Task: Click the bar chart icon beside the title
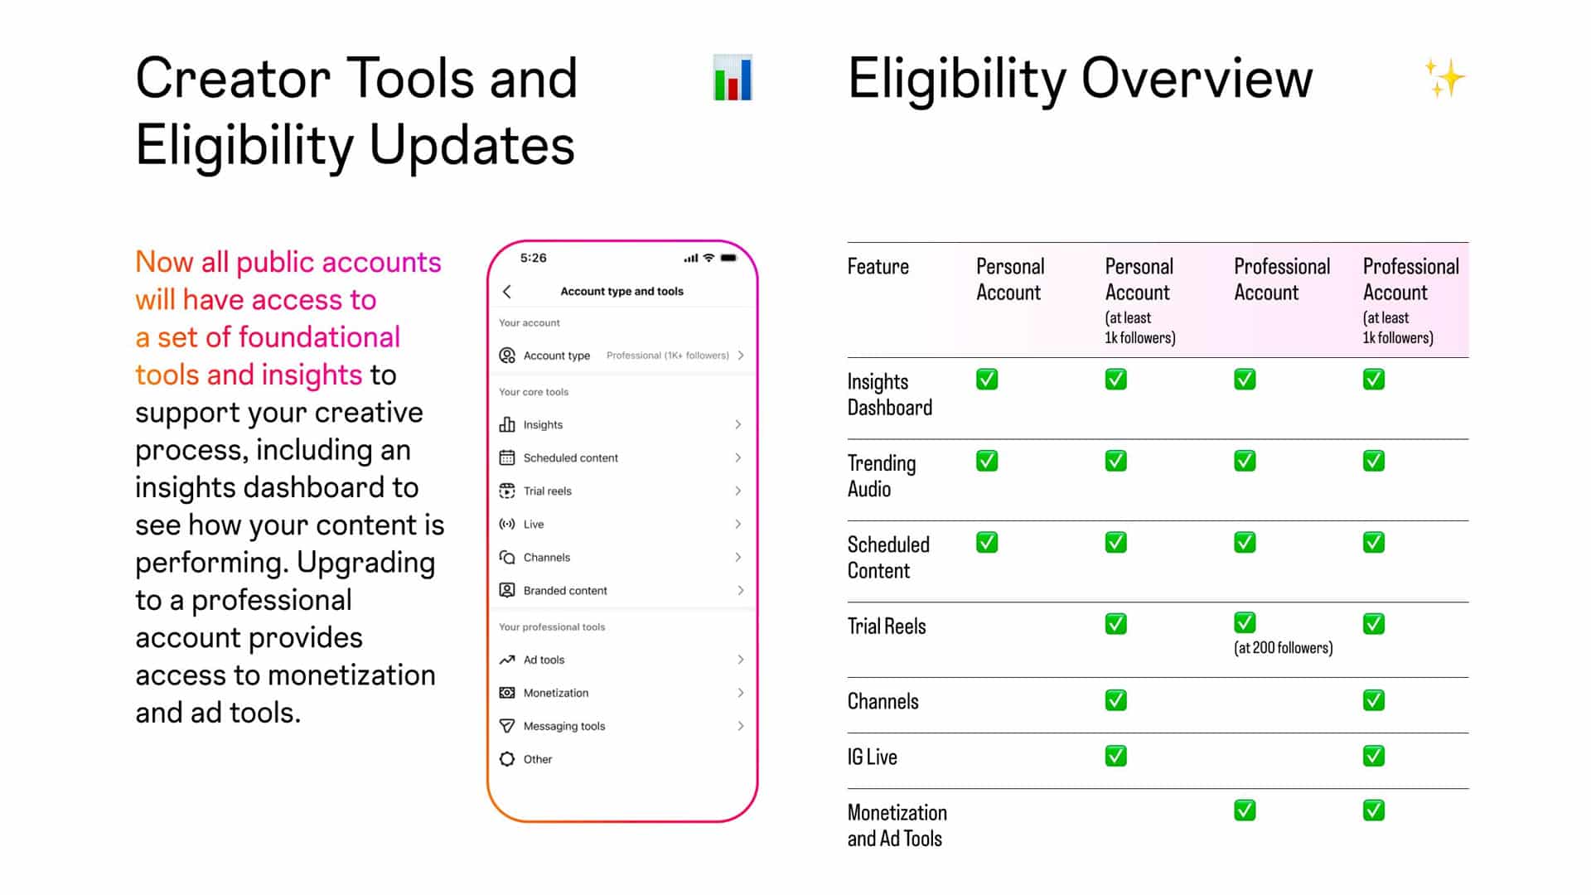pos(733,78)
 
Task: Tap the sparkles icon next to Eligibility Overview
pos(1444,78)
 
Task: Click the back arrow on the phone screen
pos(507,292)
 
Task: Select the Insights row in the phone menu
pos(621,424)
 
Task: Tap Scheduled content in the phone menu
pos(621,457)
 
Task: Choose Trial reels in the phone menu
pos(621,491)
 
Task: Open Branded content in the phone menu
pos(621,590)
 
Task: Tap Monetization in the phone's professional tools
pos(621,693)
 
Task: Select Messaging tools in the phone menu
pos(621,726)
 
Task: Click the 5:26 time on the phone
pos(534,258)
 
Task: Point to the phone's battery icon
pos(728,258)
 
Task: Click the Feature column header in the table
pos(878,267)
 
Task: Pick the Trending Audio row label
pos(882,477)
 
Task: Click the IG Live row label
pos(873,757)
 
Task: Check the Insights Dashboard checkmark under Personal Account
pos(987,380)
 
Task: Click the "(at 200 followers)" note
pos(1284,648)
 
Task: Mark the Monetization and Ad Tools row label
pos(897,825)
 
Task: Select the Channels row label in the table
pos(883,702)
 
